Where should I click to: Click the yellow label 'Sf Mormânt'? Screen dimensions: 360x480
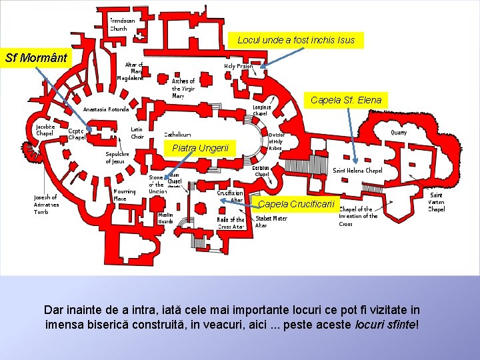(36, 57)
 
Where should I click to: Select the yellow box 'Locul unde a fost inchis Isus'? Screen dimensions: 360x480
(296, 41)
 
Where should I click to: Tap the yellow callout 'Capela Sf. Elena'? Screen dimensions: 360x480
(346, 101)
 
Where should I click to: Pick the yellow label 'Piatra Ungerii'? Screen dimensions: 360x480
(200, 147)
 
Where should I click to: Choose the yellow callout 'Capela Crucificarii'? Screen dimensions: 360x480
(299, 203)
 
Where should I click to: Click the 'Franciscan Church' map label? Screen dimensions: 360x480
(121, 25)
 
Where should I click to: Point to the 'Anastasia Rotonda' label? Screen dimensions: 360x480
(106, 109)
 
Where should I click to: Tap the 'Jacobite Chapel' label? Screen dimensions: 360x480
(45, 129)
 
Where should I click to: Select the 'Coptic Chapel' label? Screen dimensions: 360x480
(77, 134)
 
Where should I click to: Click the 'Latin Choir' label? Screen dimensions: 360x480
(137, 133)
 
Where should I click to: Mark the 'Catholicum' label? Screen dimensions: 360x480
(177, 135)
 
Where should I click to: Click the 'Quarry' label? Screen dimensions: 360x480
(398, 133)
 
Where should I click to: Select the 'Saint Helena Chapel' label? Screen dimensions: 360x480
(357, 171)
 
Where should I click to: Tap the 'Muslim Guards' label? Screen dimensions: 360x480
(165, 218)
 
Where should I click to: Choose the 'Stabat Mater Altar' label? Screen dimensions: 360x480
(271, 221)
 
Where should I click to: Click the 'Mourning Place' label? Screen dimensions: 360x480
(124, 195)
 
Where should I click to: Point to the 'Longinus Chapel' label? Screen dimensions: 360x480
(261, 110)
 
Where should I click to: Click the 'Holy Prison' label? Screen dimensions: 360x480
(238, 67)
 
